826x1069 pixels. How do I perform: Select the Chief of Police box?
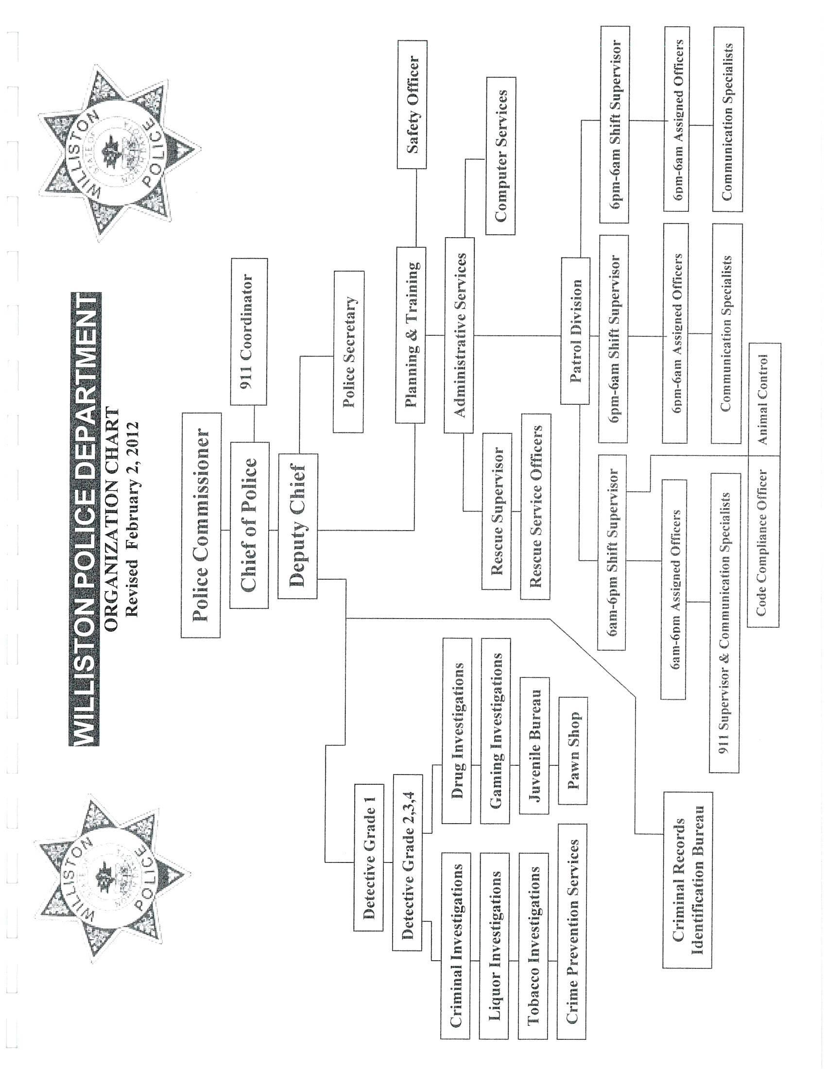click(249, 525)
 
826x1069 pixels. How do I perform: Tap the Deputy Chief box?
click(297, 526)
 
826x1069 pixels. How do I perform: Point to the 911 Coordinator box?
click(249, 332)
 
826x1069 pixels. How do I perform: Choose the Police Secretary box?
click(348, 352)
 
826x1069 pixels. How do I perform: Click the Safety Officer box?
click(412, 105)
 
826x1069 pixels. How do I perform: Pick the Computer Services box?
click(500, 156)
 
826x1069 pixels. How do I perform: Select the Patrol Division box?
click(575, 331)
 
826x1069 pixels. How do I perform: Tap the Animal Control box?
click(765, 399)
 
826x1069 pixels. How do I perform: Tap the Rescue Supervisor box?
click(496, 511)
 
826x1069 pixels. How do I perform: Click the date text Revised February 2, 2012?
click(132, 519)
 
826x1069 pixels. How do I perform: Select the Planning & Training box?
click(411, 335)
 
